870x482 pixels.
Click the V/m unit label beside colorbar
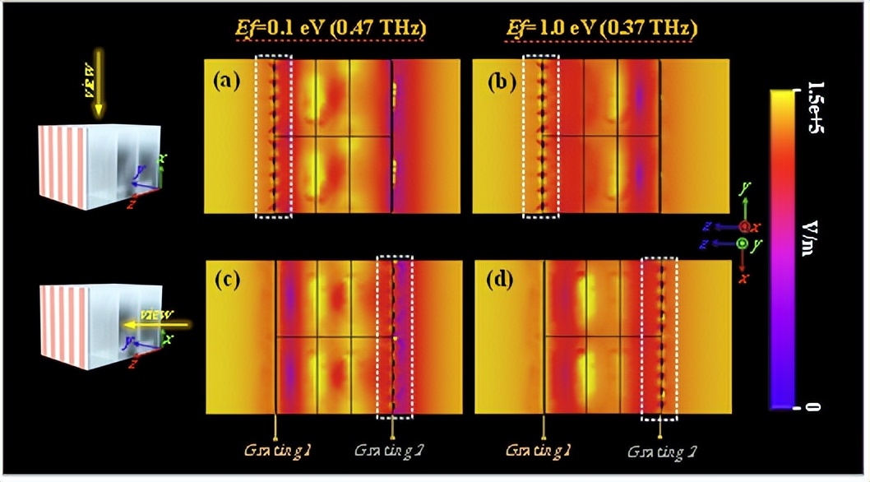(814, 247)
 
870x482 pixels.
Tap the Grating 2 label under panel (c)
(392, 451)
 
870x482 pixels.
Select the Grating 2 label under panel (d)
(660, 451)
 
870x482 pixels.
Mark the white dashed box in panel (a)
(273, 137)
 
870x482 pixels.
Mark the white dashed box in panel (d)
(659, 338)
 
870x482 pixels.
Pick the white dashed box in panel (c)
(395, 338)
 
